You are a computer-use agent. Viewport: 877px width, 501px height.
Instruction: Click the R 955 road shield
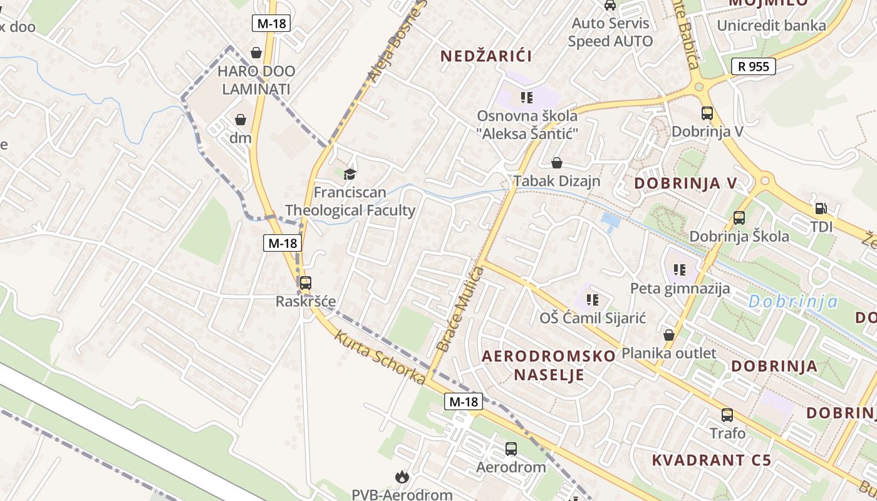(x=753, y=66)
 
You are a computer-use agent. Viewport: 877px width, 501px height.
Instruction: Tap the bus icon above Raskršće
(x=305, y=283)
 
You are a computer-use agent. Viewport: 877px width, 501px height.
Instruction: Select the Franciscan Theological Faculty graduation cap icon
(x=350, y=173)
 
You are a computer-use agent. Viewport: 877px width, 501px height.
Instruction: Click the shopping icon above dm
(x=241, y=119)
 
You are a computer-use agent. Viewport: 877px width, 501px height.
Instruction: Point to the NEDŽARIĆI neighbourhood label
(x=486, y=56)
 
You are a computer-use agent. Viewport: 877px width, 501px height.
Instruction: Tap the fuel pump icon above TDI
(x=820, y=209)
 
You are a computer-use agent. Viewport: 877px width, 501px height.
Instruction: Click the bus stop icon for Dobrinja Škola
(x=739, y=218)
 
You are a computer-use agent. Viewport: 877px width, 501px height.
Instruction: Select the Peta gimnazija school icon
(x=679, y=270)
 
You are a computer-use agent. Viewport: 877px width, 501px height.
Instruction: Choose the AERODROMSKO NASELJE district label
(x=549, y=366)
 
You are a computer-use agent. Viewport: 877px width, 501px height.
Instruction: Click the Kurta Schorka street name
(x=380, y=356)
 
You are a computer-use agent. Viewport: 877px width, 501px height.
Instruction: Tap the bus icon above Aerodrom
(x=511, y=448)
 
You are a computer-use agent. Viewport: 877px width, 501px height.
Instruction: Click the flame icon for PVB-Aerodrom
(x=401, y=477)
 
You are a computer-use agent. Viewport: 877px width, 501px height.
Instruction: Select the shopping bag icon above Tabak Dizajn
(x=556, y=163)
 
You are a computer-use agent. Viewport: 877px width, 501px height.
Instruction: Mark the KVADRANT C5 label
(x=711, y=460)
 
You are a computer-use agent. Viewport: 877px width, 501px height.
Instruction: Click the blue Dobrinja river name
(x=792, y=302)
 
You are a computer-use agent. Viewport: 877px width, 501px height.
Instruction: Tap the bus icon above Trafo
(x=727, y=415)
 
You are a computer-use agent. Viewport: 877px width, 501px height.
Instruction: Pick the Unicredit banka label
(x=771, y=26)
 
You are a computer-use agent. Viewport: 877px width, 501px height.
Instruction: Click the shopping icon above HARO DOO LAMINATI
(x=256, y=53)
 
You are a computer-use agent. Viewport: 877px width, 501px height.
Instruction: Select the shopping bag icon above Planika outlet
(x=669, y=335)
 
